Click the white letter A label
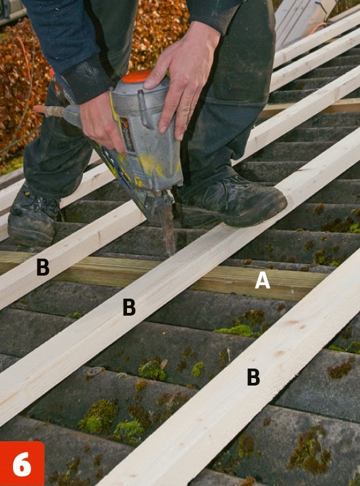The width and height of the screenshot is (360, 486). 262,281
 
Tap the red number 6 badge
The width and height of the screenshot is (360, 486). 22,464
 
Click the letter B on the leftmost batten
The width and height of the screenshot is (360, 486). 43,267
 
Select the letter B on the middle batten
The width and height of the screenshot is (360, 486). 129,307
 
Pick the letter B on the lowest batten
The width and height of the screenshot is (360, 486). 253,377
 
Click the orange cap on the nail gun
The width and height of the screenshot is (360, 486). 137,77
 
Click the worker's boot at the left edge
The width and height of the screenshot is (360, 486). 33,217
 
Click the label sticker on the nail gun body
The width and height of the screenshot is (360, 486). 128,135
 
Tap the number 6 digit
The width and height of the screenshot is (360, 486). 22,464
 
